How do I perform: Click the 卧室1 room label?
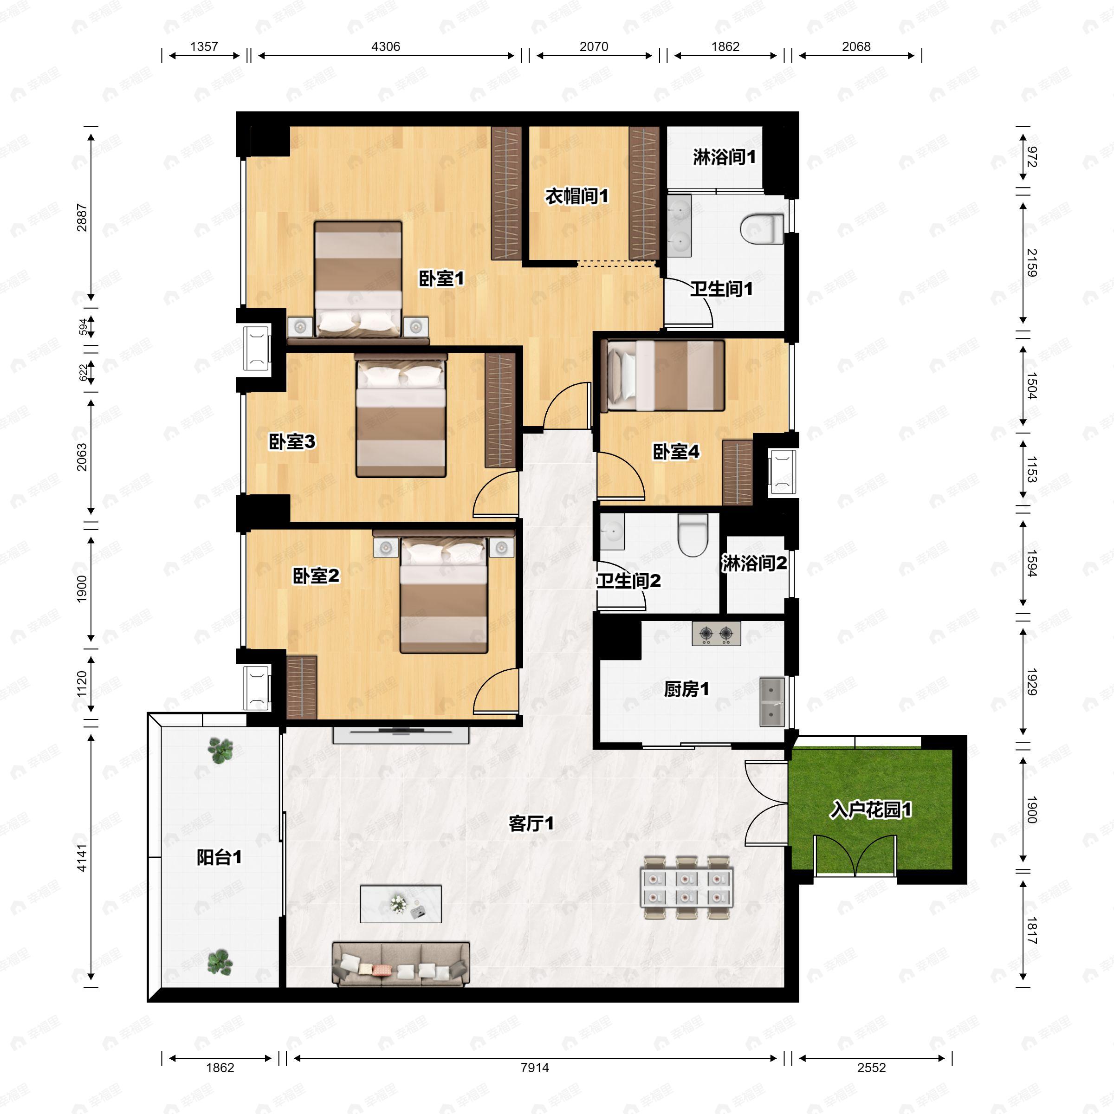(441, 279)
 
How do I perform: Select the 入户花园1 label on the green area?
(871, 810)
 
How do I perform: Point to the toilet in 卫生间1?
(762, 229)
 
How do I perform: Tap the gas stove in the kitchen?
(716, 634)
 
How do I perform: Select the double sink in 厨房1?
(771, 702)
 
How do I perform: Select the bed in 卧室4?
(662, 376)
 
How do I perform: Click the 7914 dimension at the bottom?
(535, 1067)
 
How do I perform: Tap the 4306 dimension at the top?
(386, 47)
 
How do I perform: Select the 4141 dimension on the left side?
(81, 858)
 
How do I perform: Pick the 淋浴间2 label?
(754, 563)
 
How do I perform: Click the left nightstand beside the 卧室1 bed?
(300, 326)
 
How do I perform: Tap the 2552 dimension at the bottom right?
(871, 1067)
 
